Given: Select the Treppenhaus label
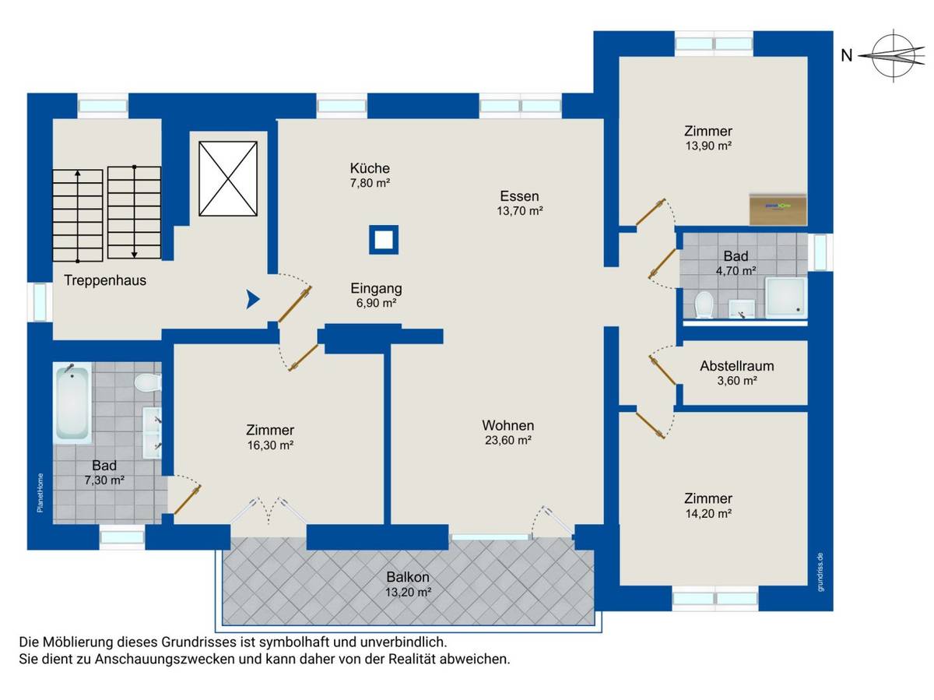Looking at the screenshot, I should point(106,280).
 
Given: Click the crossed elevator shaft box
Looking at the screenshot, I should point(227,178).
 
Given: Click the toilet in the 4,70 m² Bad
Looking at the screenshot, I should point(704,304).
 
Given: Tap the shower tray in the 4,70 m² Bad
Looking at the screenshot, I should point(787,299).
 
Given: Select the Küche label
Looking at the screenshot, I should point(369,168).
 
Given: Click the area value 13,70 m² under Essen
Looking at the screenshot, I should point(519,211).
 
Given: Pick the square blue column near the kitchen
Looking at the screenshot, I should point(383,240).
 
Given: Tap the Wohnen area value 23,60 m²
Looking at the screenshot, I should point(507,441).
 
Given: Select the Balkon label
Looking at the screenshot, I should point(408,578).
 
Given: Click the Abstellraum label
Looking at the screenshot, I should point(736,365).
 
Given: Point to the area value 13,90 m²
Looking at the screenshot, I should point(708,146).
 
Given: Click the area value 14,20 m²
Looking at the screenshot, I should point(708,514).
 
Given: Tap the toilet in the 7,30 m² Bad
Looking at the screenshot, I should point(146,382).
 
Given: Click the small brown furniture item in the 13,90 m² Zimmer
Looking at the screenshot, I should point(778,207).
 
